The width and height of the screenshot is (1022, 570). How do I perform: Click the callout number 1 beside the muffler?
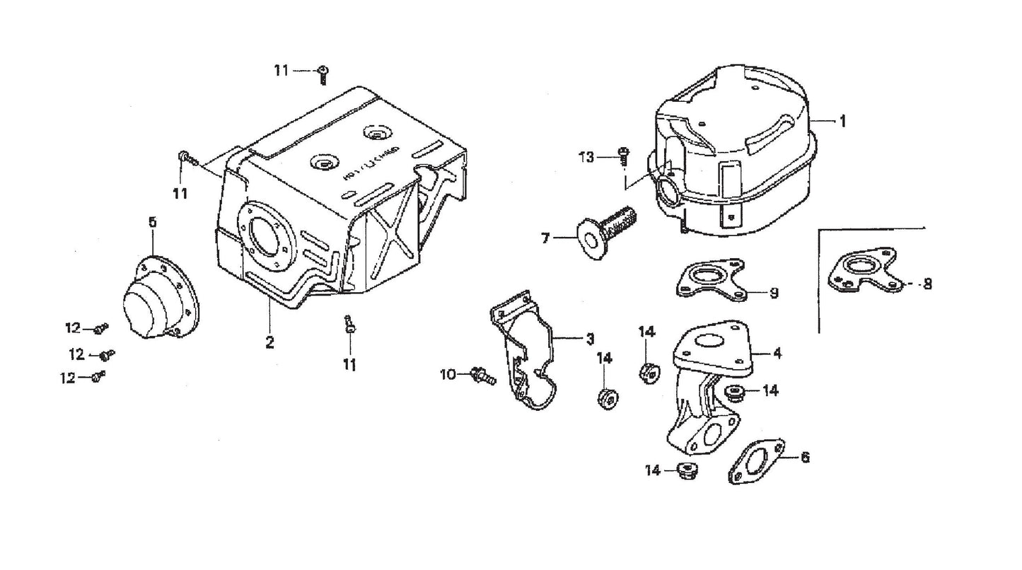[842, 121]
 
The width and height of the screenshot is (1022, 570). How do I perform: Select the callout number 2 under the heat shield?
[269, 342]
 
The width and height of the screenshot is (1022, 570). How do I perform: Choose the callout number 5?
[151, 221]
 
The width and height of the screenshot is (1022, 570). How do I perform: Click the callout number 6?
[804, 458]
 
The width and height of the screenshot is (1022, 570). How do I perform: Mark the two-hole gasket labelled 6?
[755, 462]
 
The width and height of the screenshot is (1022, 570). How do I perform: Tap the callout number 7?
[545, 239]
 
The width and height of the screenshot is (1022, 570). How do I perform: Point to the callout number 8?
[927, 284]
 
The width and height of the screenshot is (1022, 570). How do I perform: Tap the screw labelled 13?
[624, 155]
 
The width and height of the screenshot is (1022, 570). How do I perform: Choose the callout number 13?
[587, 156]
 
